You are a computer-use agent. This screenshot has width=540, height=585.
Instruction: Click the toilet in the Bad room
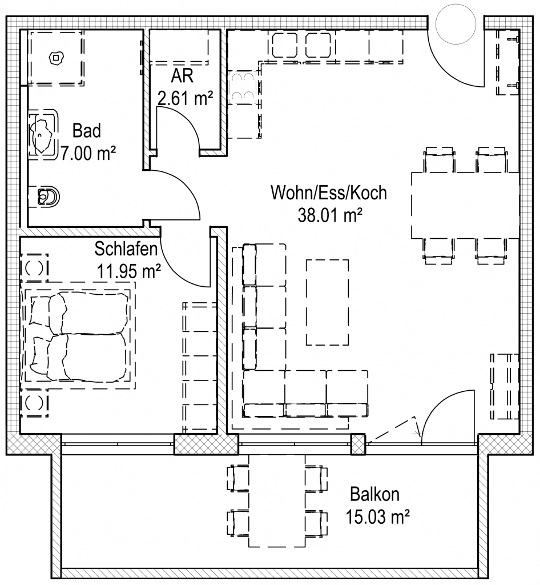click(x=48, y=195)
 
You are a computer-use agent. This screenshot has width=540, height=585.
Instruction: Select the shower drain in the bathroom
click(x=56, y=58)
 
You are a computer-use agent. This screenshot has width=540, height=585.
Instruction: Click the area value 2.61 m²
click(x=185, y=98)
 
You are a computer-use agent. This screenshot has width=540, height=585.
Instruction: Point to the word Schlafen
click(x=126, y=249)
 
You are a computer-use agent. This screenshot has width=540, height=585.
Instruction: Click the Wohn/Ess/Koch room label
click(x=329, y=193)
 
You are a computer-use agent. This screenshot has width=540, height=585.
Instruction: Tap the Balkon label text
click(x=374, y=494)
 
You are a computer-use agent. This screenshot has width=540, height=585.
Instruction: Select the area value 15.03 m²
click(x=377, y=517)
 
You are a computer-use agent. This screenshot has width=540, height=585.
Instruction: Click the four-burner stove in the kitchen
click(x=242, y=87)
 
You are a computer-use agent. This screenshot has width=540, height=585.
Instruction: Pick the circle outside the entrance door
click(x=456, y=24)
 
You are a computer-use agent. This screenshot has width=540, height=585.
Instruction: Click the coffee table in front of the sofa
click(x=327, y=303)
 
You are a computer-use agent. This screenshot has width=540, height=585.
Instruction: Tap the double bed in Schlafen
click(x=78, y=336)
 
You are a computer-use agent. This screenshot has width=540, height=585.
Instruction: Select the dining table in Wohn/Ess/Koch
click(x=465, y=205)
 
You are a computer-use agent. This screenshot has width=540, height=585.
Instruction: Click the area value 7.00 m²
click(x=88, y=153)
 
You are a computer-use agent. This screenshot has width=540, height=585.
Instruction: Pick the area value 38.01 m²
click(x=330, y=215)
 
